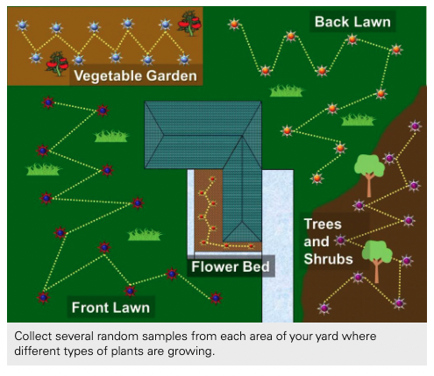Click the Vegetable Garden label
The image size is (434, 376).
point(136,76)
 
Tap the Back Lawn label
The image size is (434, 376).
point(352,21)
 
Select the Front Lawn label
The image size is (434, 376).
point(110,307)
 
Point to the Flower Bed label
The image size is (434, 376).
point(231,266)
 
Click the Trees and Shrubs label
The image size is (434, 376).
point(328,240)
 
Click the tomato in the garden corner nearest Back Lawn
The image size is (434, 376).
point(188,21)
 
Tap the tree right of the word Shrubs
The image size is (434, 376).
point(378,255)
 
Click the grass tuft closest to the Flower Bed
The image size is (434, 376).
point(145,235)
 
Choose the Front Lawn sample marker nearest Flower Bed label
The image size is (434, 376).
point(172,273)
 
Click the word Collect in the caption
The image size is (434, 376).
point(38,338)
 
